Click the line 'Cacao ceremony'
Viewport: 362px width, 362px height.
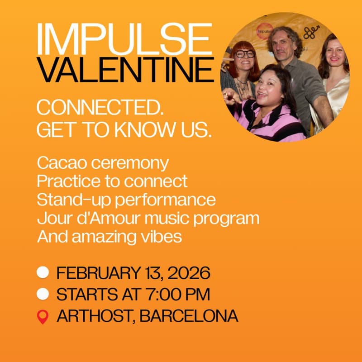coord(103,162)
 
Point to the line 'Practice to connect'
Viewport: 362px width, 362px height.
coord(112,181)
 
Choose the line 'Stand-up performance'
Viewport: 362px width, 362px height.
coord(126,200)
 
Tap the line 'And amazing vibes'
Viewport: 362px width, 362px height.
coord(110,237)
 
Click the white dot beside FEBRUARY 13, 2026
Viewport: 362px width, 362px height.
coord(43,273)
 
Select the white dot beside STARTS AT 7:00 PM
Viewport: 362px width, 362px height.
coord(43,295)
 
